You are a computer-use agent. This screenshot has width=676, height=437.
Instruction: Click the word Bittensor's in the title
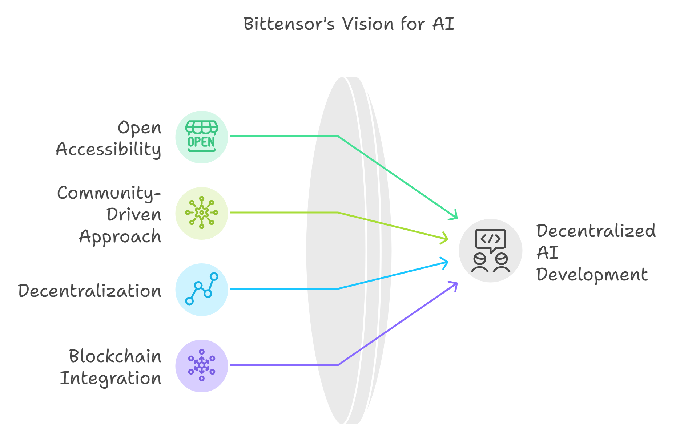[x=289, y=24]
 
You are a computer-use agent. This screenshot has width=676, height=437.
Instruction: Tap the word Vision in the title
[x=368, y=24]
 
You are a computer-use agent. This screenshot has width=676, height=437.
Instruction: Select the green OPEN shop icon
[x=202, y=137]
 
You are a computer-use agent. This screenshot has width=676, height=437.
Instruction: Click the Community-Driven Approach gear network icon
[x=202, y=213]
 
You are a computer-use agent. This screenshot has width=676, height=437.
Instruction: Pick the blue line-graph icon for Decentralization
[x=202, y=289]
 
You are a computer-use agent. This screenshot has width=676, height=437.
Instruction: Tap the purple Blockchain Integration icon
[x=202, y=365]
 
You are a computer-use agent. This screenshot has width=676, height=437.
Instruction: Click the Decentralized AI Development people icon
[x=491, y=251]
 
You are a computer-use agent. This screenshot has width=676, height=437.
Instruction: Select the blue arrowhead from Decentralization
[x=444, y=263]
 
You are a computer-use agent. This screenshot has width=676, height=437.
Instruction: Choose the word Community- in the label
[x=109, y=193]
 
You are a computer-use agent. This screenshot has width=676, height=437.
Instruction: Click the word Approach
[x=120, y=237]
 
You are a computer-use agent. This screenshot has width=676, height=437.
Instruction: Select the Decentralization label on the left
[x=90, y=291]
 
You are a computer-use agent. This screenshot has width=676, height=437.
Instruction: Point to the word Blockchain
[x=115, y=356]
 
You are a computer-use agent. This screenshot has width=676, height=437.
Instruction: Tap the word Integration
[x=111, y=379]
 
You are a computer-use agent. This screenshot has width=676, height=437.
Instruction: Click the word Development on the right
[x=592, y=275]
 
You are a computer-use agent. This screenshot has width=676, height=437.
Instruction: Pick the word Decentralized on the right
[x=596, y=231]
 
